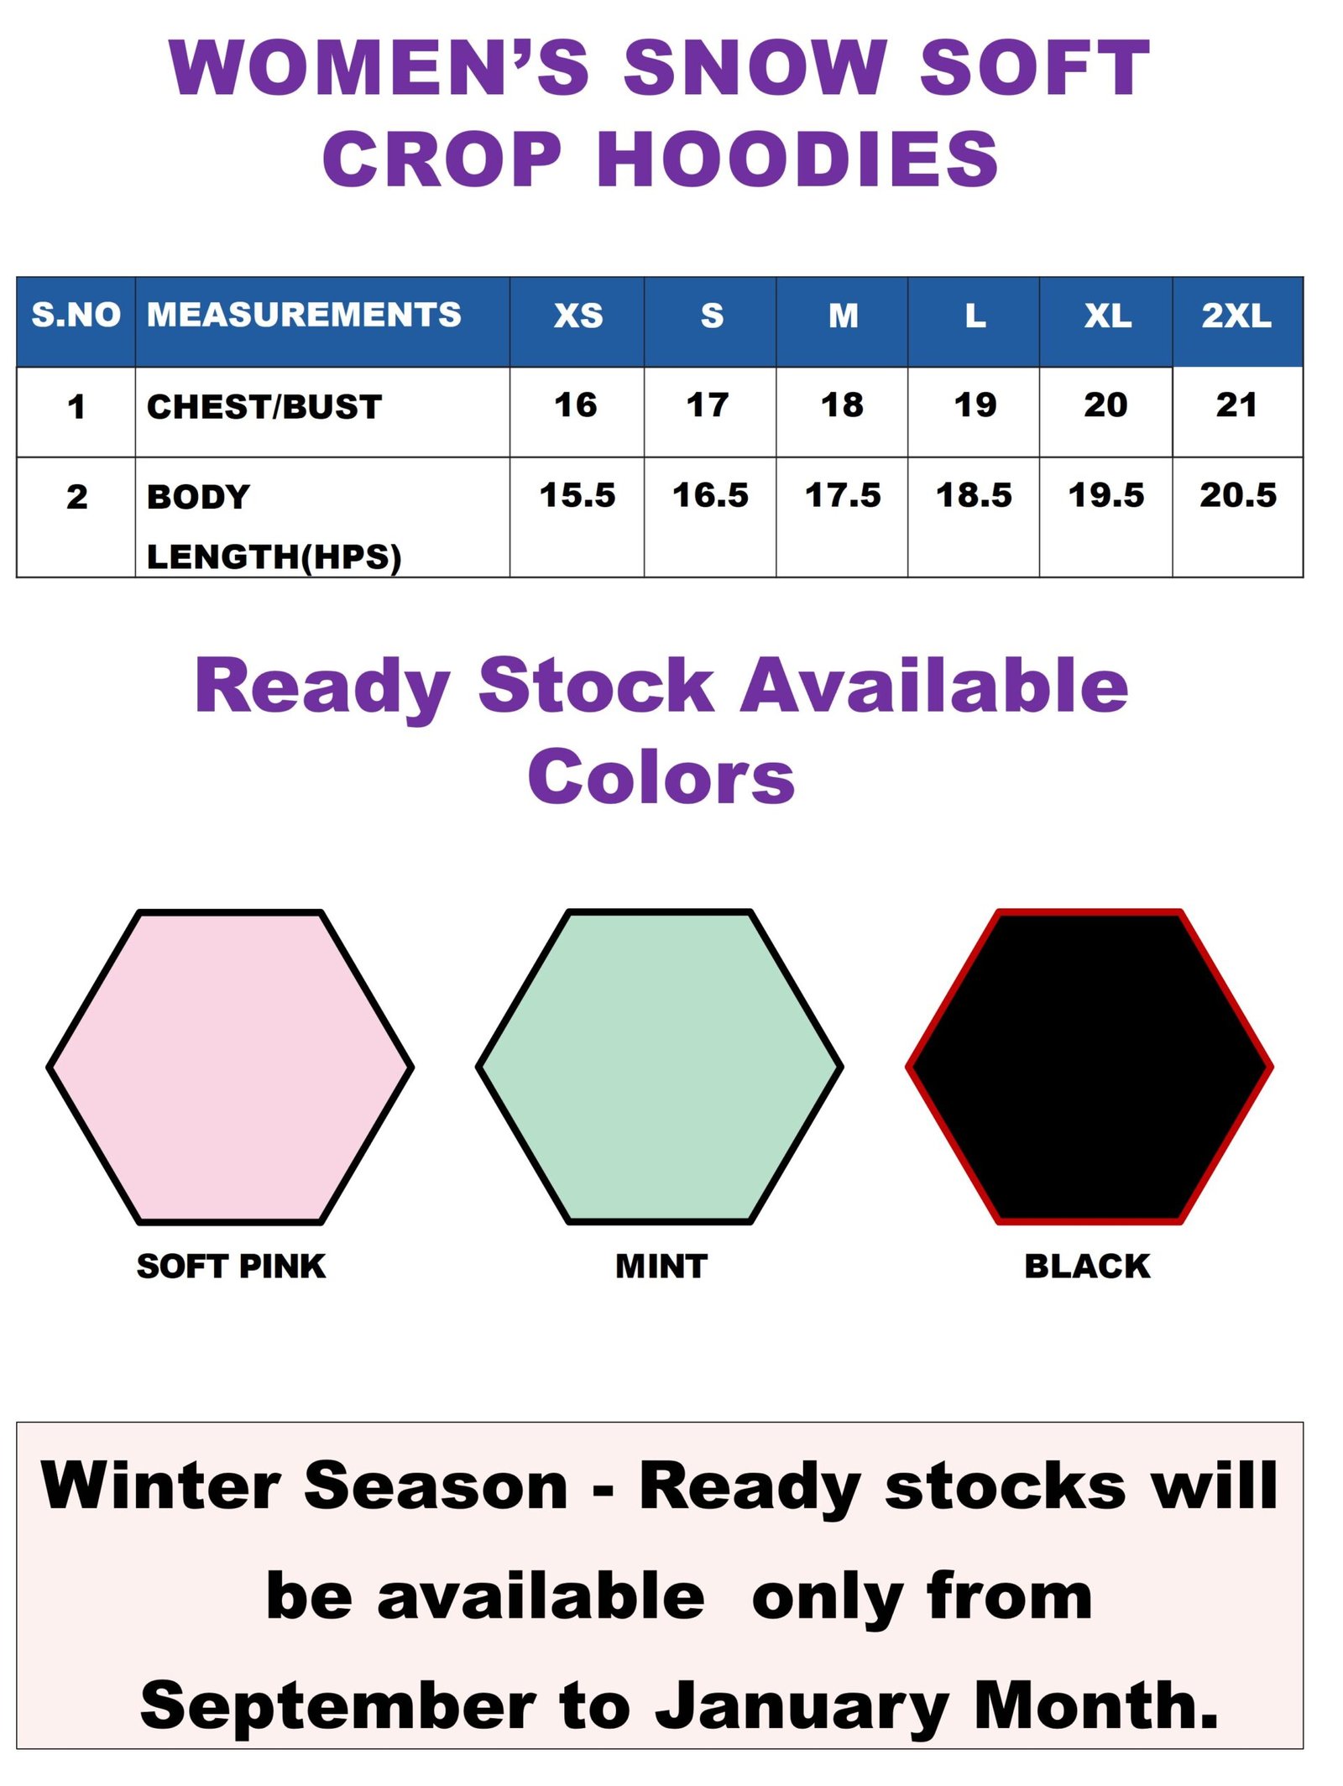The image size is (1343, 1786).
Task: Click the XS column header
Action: point(578,316)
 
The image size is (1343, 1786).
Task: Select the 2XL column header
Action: point(1236,316)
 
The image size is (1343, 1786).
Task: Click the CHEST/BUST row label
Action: point(264,407)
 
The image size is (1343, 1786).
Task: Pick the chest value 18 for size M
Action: point(842,405)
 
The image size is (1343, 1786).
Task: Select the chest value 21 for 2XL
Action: point(1236,405)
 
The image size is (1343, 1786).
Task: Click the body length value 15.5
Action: point(577,495)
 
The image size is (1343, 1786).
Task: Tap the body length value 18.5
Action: point(974,495)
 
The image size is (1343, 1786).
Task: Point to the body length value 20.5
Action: point(1238,495)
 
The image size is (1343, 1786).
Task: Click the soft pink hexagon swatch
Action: point(230,1067)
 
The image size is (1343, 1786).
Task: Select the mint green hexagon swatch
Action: point(660,1067)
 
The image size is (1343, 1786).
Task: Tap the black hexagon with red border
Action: point(1090,1067)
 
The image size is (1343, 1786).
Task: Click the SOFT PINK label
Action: point(231,1266)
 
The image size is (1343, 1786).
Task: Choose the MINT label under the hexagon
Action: point(661,1266)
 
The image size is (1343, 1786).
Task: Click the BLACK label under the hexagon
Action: point(1087,1266)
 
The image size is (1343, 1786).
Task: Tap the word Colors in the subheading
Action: point(661,776)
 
